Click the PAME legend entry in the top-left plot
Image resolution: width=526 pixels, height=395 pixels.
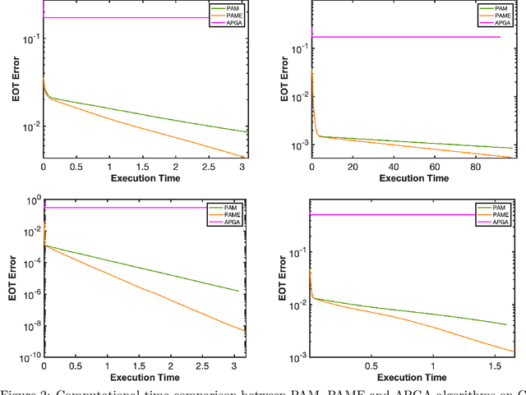[x=232, y=16]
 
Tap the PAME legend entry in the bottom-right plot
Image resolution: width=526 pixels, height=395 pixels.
[x=499, y=214]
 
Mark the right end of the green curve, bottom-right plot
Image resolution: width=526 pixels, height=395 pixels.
[x=505, y=324]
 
